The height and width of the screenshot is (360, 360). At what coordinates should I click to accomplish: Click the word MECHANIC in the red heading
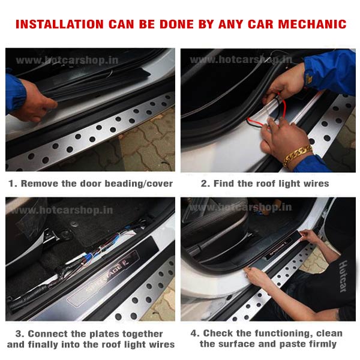312,24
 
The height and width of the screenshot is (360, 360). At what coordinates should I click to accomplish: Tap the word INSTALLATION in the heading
59,24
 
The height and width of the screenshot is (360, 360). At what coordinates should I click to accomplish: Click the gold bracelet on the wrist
298,155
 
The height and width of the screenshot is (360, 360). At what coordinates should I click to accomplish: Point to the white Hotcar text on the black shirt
343,277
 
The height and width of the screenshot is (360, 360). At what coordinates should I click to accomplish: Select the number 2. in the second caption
205,184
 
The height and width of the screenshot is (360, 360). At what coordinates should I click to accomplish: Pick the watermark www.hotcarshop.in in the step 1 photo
67,61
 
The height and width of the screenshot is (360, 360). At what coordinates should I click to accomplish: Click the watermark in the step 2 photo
241,60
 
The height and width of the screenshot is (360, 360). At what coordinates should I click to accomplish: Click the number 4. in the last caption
195,333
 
